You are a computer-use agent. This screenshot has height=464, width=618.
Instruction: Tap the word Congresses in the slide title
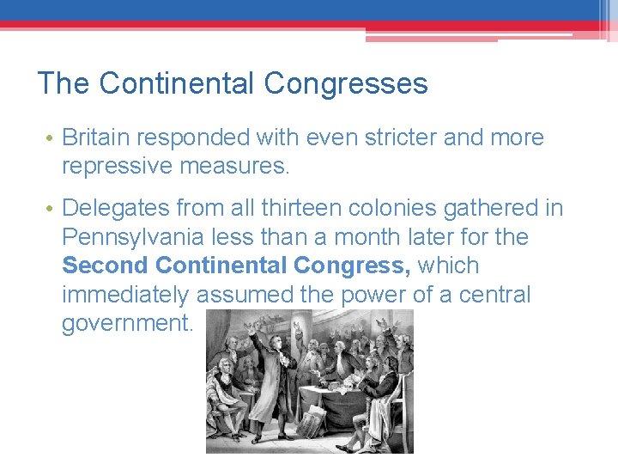(346, 84)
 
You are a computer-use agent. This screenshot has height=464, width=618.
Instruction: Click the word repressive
(117, 166)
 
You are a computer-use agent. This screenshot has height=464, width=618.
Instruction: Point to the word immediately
(125, 295)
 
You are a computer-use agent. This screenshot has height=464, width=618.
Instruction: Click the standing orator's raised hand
(251, 327)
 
